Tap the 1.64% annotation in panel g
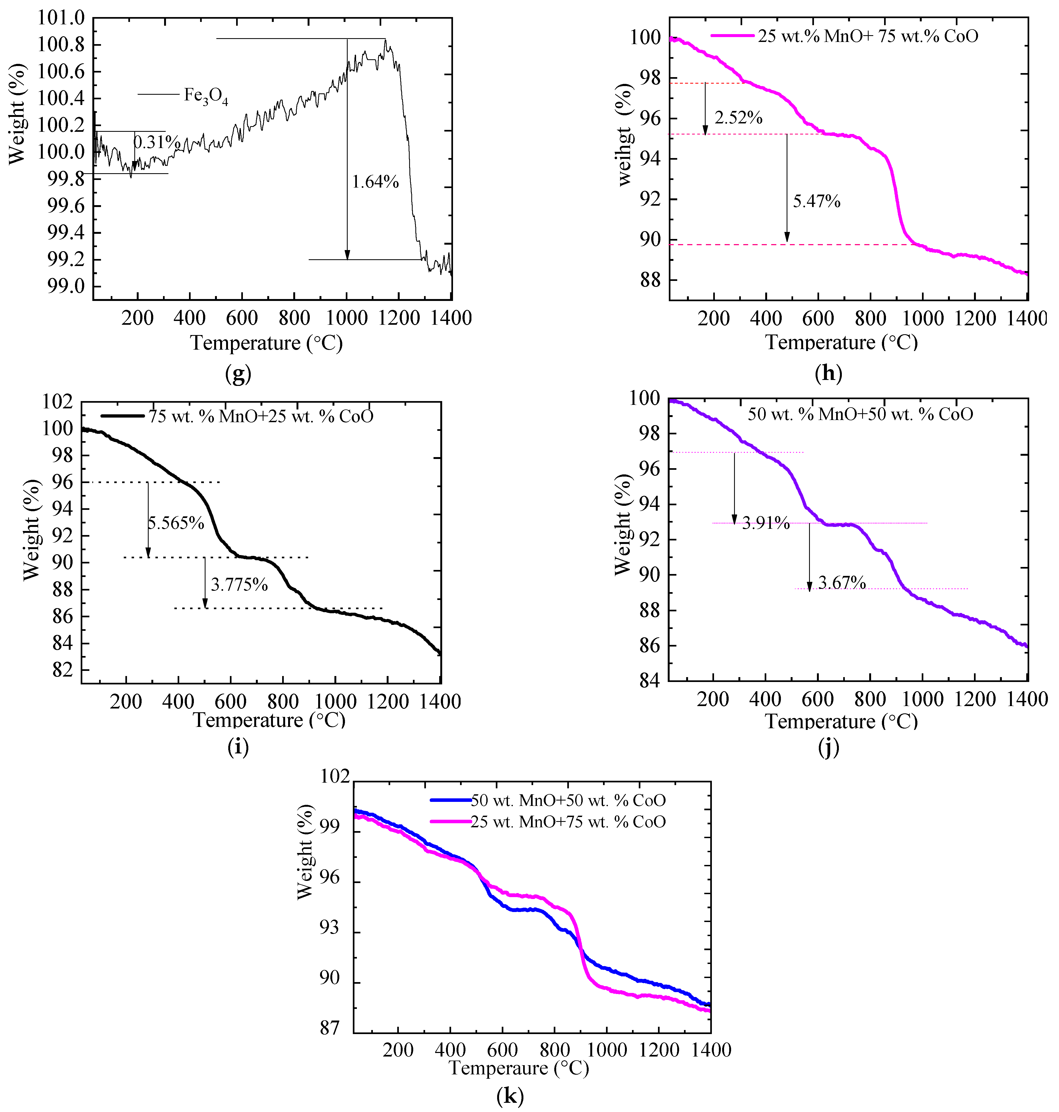[x=375, y=182]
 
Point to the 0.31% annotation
[x=157, y=142]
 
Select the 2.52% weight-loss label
[x=738, y=118]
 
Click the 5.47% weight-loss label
[x=816, y=201]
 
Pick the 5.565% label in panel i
[x=176, y=523]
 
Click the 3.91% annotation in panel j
[x=765, y=523]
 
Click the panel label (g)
[x=238, y=373]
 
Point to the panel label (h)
[x=828, y=373]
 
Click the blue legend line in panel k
[x=451, y=800]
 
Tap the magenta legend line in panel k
[x=451, y=821]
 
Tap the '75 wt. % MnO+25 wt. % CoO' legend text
[x=261, y=416]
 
